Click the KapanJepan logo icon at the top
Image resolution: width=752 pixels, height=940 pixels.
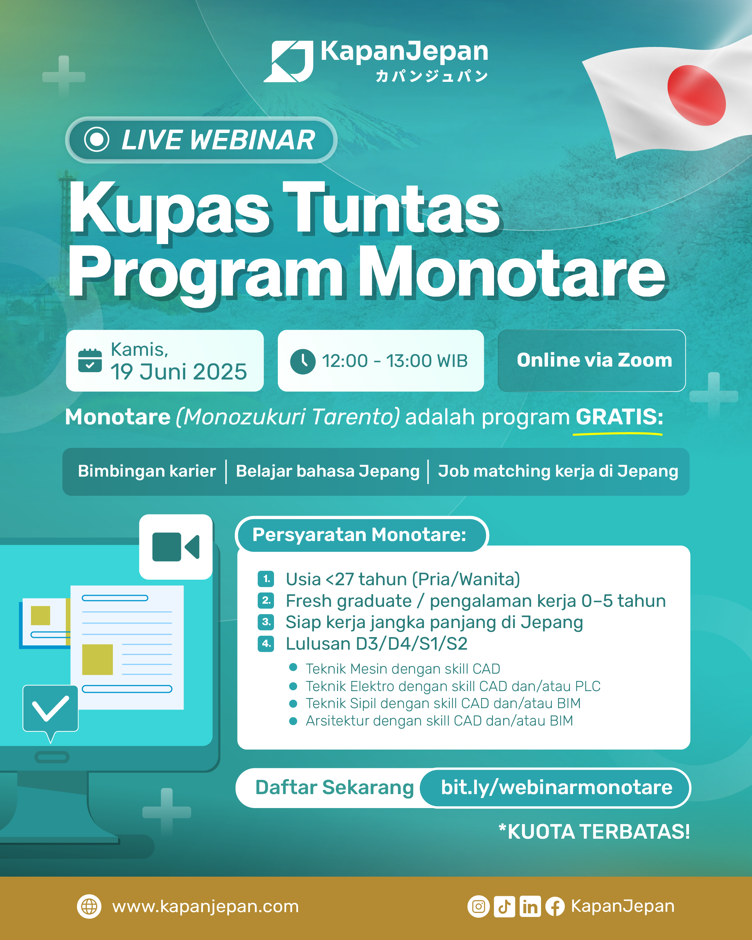pyautogui.click(x=289, y=62)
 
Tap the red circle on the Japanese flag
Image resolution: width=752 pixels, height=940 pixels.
pyautogui.click(x=696, y=95)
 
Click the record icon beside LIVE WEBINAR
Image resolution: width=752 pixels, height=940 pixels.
pyautogui.click(x=96, y=140)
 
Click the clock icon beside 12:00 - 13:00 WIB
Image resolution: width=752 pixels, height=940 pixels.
pyautogui.click(x=303, y=361)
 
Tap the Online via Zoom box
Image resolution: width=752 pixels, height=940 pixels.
pyautogui.click(x=592, y=361)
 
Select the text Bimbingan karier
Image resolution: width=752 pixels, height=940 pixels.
pyautogui.click(x=147, y=471)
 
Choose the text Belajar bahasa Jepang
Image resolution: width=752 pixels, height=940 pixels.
pyautogui.click(x=327, y=471)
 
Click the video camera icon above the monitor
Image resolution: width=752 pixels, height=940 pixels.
pyautogui.click(x=176, y=547)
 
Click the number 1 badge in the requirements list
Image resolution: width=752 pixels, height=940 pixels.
pyautogui.click(x=266, y=579)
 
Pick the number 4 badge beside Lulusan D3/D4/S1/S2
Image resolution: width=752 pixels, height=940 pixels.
pyautogui.click(x=266, y=643)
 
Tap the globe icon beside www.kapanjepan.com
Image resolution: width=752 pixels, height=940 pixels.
pyautogui.click(x=89, y=907)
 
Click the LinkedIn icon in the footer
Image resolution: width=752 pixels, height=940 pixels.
pyautogui.click(x=530, y=907)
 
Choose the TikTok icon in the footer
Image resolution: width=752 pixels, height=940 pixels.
pyautogui.click(x=504, y=907)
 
